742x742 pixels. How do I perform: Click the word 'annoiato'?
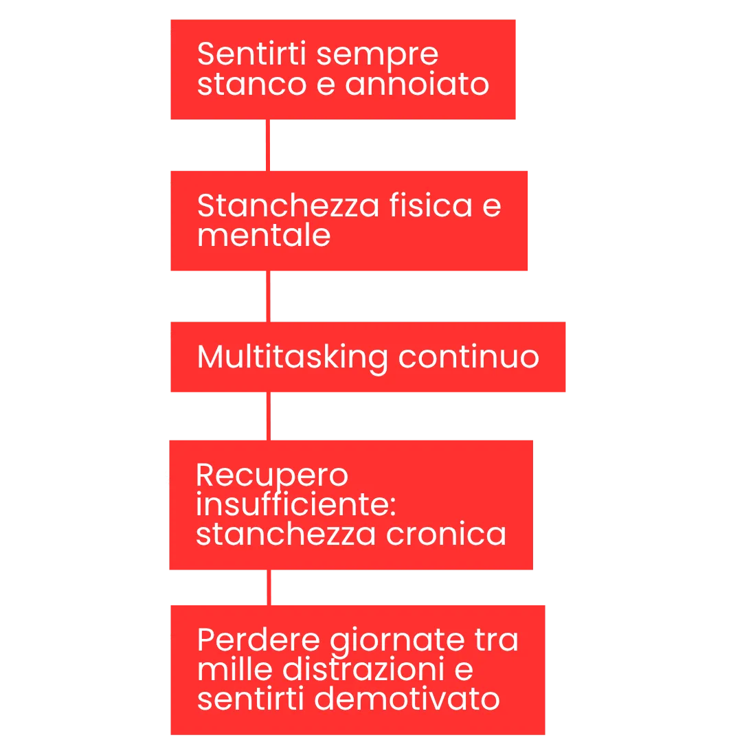click(417, 85)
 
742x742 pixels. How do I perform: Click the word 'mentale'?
click(264, 236)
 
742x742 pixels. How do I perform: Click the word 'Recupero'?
click(272, 476)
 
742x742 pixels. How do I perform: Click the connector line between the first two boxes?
click(269, 145)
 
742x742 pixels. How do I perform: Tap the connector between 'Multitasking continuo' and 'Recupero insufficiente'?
click(269, 417)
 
